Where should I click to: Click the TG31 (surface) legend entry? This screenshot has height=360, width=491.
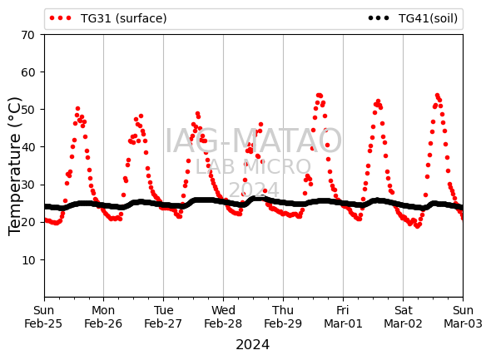point(108,18)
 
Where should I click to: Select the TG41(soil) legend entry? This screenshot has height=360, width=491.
point(413,18)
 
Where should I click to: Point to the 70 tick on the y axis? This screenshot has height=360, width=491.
point(27,35)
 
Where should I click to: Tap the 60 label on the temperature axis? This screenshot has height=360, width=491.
point(27,72)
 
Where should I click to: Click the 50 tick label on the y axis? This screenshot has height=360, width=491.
point(27,110)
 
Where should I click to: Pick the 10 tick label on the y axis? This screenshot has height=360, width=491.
point(27,260)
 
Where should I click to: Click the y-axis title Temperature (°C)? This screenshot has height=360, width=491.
point(14,166)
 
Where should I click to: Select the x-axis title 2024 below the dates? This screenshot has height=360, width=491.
point(253,345)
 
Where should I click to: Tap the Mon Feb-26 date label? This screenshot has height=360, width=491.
point(103,317)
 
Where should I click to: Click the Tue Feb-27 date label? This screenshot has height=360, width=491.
point(163,317)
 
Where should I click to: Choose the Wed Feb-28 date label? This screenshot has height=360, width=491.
point(223,317)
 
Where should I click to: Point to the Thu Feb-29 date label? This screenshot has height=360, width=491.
point(283,317)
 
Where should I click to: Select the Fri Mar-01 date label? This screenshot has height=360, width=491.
point(343,317)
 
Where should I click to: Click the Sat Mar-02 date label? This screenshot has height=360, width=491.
point(404,317)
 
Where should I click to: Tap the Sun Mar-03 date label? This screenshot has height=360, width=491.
point(464,317)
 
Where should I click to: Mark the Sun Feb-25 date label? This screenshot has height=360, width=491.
point(43,317)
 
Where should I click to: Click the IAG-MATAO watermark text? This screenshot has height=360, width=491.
point(253,141)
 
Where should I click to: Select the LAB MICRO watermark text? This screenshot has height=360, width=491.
point(253,167)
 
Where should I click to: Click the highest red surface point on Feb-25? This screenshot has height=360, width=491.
point(77,109)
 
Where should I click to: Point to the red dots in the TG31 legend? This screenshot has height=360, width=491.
point(61,18)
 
